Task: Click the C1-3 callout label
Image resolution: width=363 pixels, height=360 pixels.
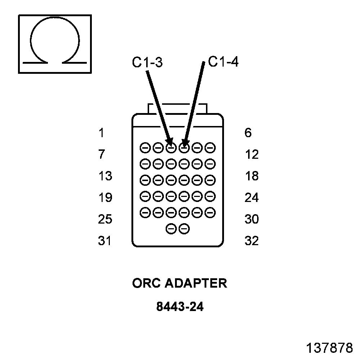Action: coord(147,63)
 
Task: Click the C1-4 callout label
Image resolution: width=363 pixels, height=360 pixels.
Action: coord(223,62)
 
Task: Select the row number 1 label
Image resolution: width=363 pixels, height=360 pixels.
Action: coord(101,133)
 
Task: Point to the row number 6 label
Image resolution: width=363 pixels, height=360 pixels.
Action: coord(248,133)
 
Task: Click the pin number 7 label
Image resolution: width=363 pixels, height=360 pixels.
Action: coord(101,155)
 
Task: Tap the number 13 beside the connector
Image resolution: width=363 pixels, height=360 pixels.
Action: coord(105,176)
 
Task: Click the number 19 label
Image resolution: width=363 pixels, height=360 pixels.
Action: coord(105,198)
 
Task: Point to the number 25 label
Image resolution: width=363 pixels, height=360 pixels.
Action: coord(105,219)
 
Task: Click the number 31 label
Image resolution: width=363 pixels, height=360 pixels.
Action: coord(105,241)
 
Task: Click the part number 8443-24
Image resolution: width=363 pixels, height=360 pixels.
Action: coord(180,307)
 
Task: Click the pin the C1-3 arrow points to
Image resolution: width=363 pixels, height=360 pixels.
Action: coord(171,148)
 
